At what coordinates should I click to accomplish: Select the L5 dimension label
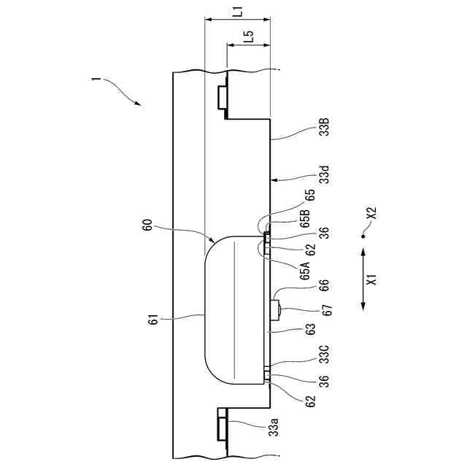coord(249,37)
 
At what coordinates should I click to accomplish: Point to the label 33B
coord(324,132)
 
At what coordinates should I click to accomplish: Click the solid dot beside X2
coord(363,236)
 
